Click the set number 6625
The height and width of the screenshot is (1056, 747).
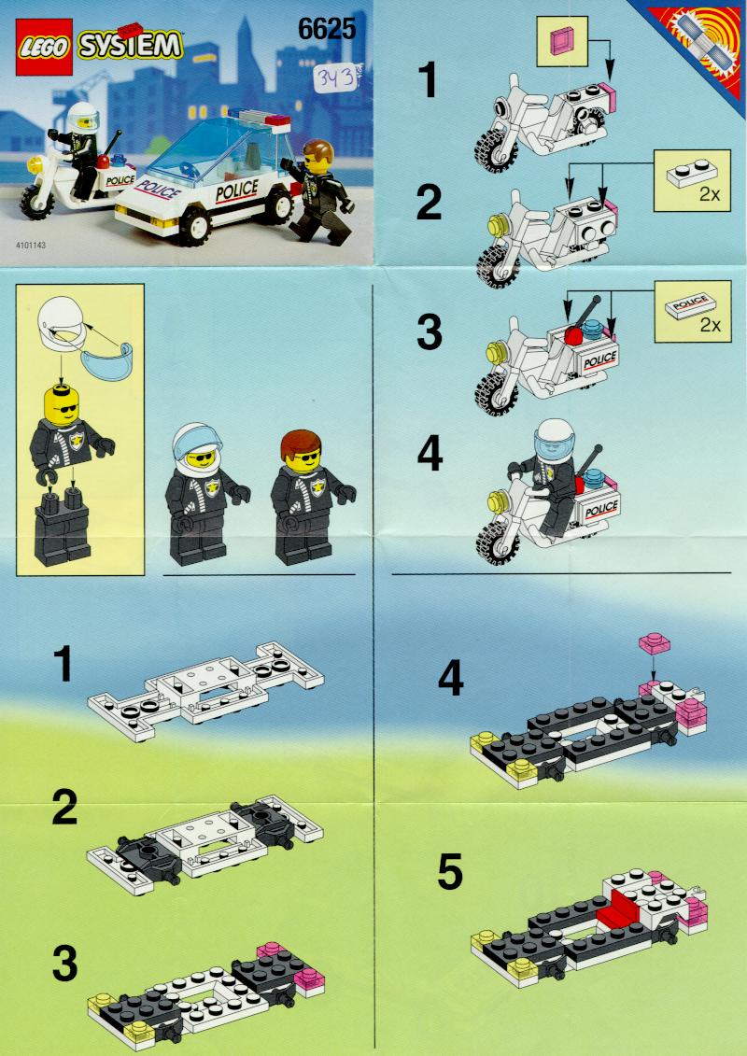327,30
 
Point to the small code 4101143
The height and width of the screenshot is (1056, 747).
34,246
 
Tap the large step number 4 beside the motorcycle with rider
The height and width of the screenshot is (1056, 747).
430,457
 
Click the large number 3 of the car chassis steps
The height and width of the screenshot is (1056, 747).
63,965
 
